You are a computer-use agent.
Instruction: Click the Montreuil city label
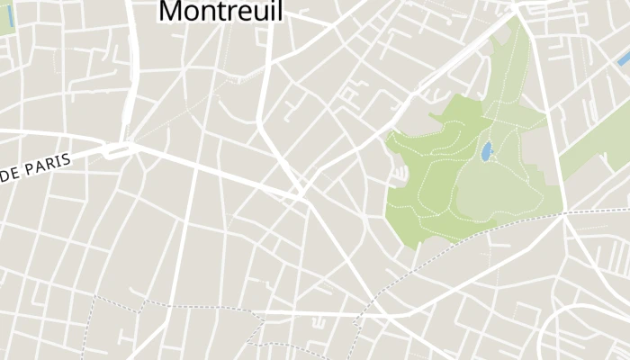pos(220,11)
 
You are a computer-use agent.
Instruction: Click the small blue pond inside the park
pos(486,151)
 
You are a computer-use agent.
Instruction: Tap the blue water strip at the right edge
pos(623,58)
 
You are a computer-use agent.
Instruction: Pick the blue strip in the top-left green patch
pos(10,15)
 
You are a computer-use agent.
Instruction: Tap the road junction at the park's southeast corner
pos(564,214)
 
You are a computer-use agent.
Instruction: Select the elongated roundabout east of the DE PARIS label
pos(118,148)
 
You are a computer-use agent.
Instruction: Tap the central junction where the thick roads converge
pos(302,195)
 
